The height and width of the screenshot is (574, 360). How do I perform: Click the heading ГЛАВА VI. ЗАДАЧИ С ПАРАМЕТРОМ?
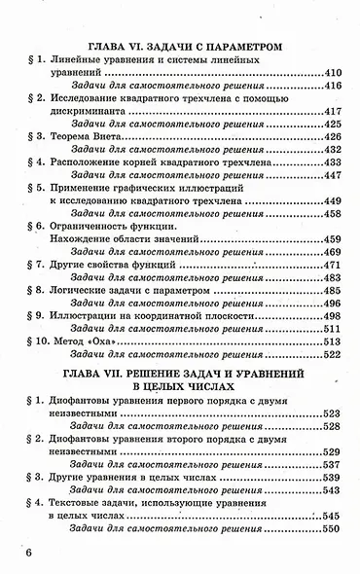tap(185, 45)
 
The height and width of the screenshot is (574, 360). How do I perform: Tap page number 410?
tap(330, 74)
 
